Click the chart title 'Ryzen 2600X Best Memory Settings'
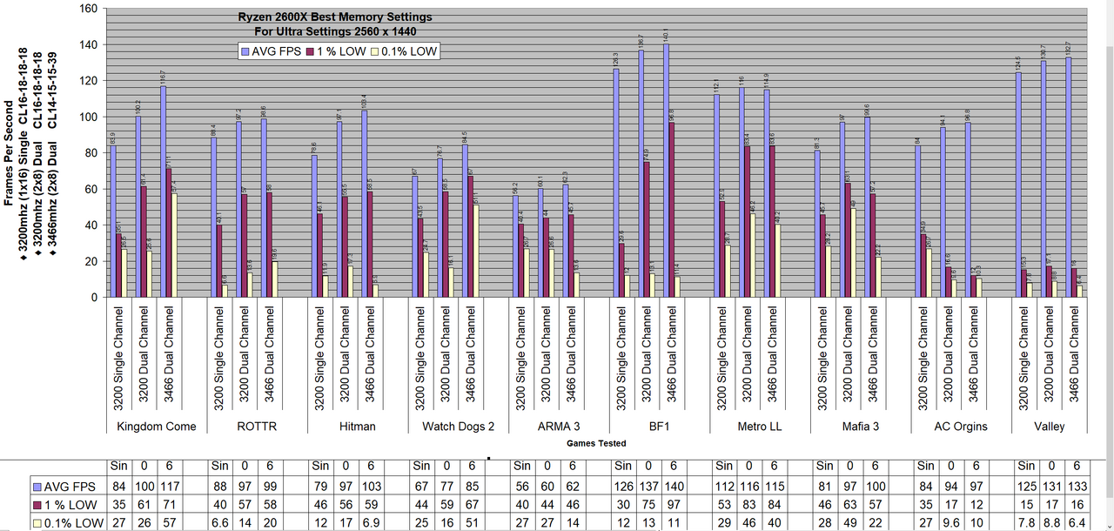pyautogui.click(x=335, y=17)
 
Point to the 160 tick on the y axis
pyautogui.click(x=89, y=9)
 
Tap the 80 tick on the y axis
pyautogui.click(x=91, y=153)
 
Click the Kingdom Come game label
pyautogui.click(x=157, y=427)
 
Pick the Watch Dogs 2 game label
pyautogui.click(x=458, y=427)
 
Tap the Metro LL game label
pyautogui.click(x=760, y=427)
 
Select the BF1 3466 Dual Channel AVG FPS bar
pyautogui.click(x=667, y=171)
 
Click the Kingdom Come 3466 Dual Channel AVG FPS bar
pyautogui.click(x=163, y=192)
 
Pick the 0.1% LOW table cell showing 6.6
pyautogui.click(x=220, y=522)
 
